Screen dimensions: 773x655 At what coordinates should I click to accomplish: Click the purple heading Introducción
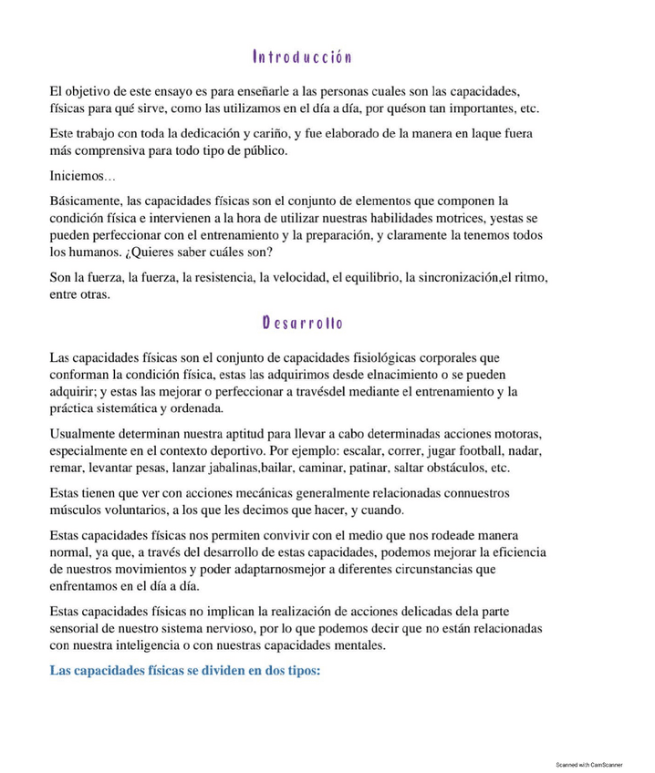pyautogui.click(x=302, y=57)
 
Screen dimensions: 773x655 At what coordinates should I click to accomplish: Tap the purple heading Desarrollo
pyautogui.click(x=302, y=323)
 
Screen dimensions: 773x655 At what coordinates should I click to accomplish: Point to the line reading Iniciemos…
pyautogui.click(x=83, y=176)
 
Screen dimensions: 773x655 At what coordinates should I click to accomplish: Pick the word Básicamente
pyautogui.click(x=87, y=201)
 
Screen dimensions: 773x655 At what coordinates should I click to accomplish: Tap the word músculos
pyautogui.click(x=78, y=510)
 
